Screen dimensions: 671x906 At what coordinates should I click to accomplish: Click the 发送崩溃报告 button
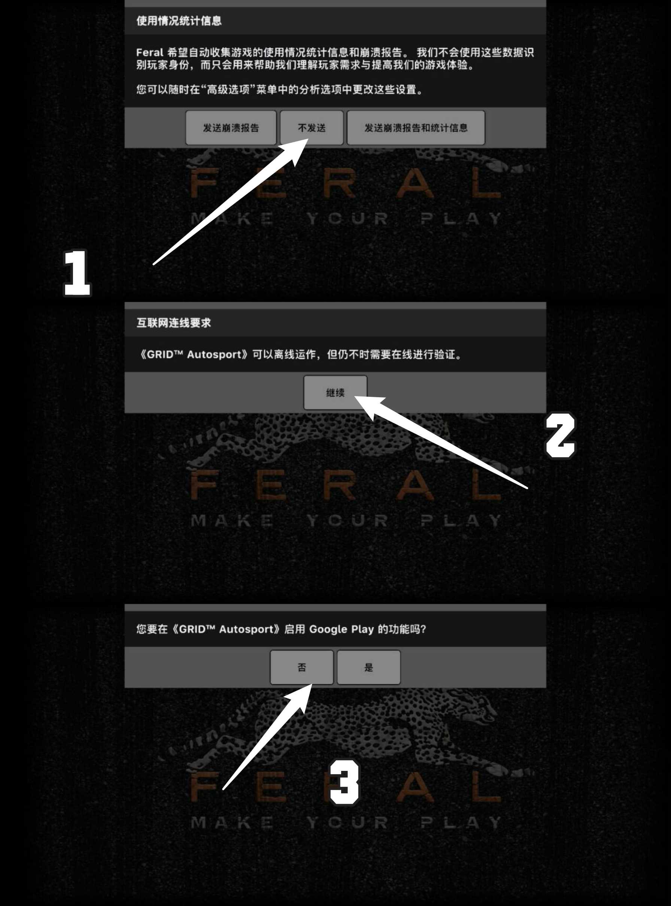click(x=231, y=128)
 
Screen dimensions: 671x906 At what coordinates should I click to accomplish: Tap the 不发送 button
click(x=312, y=128)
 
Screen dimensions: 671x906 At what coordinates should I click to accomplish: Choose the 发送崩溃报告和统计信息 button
click(x=416, y=128)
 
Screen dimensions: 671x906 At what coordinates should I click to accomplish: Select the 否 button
click(x=302, y=667)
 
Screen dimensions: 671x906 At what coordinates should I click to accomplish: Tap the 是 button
click(x=368, y=667)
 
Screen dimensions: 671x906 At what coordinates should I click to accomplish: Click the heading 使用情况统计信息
click(x=179, y=21)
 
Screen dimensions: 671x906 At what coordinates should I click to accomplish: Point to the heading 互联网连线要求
click(x=173, y=323)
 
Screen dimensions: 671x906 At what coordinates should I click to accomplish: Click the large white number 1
click(x=77, y=273)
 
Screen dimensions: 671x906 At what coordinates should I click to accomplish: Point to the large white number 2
click(x=560, y=435)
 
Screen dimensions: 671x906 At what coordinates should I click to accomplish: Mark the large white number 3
click(x=344, y=782)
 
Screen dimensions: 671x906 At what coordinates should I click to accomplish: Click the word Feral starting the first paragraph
click(x=149, y=52)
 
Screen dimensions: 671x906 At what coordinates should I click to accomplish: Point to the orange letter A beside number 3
click(x=415, y=787)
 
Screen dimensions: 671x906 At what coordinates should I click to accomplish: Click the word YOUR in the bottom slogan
click(x=347, y=823)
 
